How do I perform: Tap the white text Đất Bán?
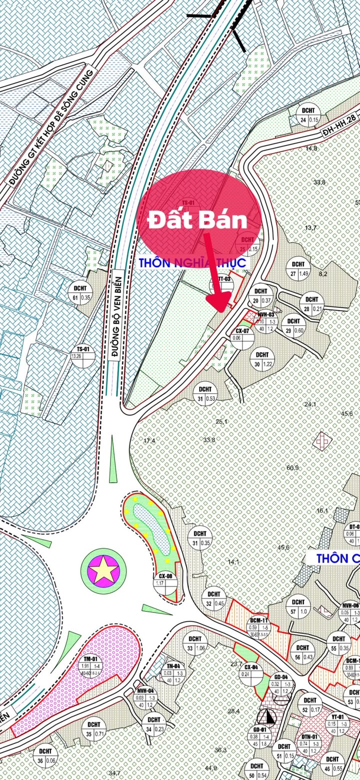199,220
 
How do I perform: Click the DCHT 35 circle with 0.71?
93,730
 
